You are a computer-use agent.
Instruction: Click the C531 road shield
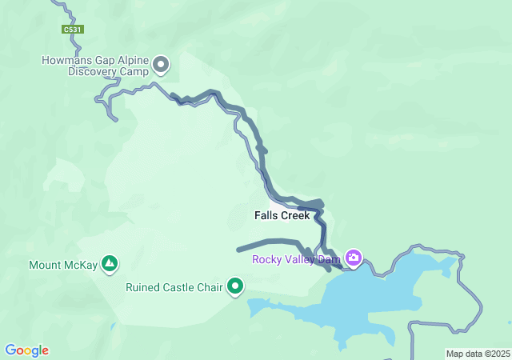point(73,30)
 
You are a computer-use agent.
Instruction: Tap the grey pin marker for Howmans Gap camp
point(161,64)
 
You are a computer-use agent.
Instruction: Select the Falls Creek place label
point(282,216)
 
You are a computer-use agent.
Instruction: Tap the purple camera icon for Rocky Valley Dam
point(354,258)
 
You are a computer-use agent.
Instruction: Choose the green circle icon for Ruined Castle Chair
point(235,286)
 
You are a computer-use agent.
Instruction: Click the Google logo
point(26,350)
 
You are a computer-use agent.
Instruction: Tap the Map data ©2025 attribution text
point(477,354)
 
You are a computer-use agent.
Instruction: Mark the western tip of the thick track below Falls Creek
point(239,250)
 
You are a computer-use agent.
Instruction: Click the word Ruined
point(144,286)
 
